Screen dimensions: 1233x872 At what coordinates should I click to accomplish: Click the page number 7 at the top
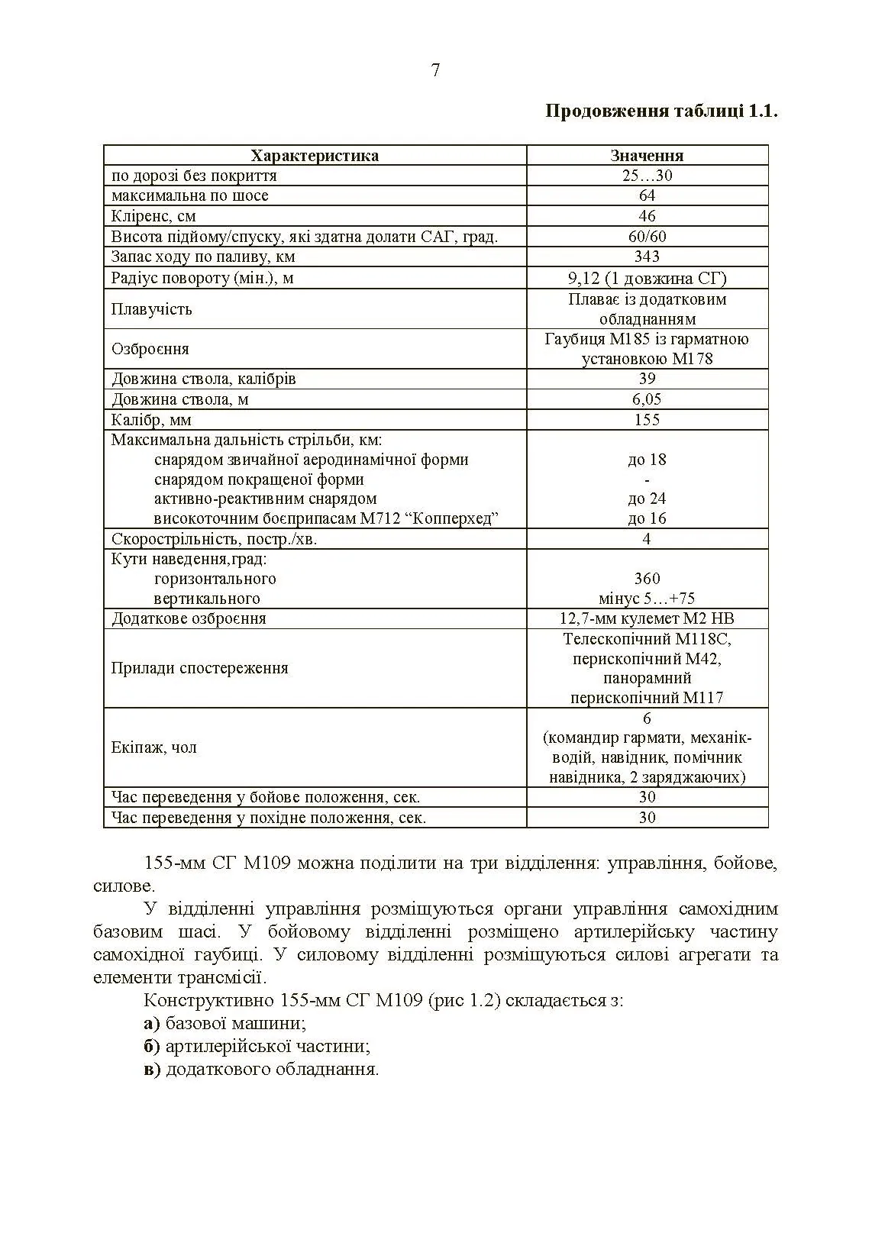coord(435,70)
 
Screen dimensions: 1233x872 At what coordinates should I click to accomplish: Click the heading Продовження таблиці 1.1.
coord(660,111)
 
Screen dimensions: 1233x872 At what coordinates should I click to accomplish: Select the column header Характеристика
coord(315,156)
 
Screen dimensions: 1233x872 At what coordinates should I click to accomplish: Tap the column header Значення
coord(647,156)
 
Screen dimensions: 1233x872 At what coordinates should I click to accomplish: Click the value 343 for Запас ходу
coord(647,257)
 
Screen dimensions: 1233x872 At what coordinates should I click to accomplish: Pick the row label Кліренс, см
coord(153,216)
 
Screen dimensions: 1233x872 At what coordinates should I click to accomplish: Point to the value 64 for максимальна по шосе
coord(647,196)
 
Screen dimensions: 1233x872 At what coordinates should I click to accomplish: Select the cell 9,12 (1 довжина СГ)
coord(647,278)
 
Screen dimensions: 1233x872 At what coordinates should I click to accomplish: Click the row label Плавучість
coord(151,309)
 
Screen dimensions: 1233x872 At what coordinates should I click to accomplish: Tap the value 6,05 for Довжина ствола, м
coord(647,399)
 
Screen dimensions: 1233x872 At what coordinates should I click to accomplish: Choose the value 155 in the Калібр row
coord(647,420)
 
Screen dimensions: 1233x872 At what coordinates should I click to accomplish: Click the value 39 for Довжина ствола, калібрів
coord(647,379)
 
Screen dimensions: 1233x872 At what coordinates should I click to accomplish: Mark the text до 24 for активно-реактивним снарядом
coord(647,499)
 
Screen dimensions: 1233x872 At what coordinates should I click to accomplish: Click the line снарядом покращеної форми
coord(259,479)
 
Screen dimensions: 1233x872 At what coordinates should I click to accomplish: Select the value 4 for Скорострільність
coord(647,539)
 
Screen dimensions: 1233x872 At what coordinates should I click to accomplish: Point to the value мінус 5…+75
coord(647,599)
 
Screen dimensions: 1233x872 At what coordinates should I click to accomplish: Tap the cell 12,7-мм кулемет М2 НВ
coord(647,618)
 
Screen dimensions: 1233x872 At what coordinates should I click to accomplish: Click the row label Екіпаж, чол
coord(153,747)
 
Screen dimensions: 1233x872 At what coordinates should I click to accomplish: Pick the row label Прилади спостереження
coord(199,668)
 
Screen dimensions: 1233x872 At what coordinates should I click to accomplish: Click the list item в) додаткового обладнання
coord(261,1069)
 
